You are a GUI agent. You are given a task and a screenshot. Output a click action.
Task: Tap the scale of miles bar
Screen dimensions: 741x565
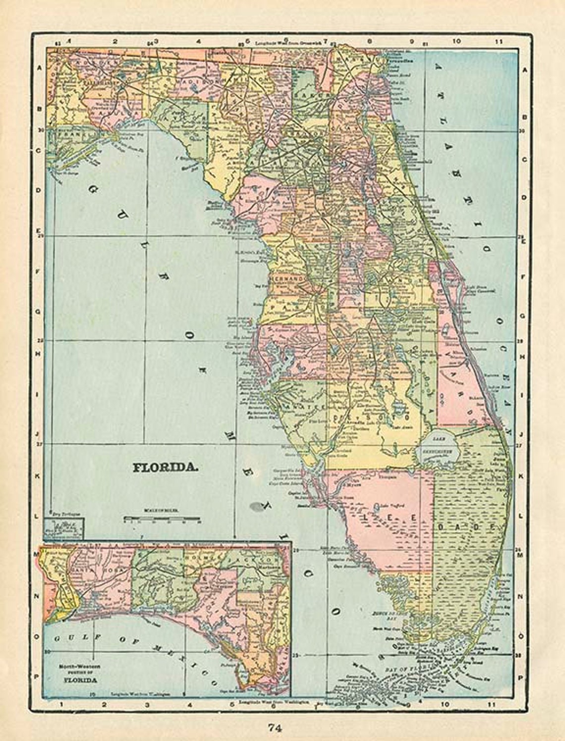[x=162, y=520]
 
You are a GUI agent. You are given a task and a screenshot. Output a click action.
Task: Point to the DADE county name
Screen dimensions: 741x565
[x=466, y=527]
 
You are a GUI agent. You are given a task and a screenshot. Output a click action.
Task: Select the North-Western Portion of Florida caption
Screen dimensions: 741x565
[x=79, y=673]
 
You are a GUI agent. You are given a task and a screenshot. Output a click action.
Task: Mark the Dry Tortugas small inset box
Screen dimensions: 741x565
[x=64, y=529]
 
